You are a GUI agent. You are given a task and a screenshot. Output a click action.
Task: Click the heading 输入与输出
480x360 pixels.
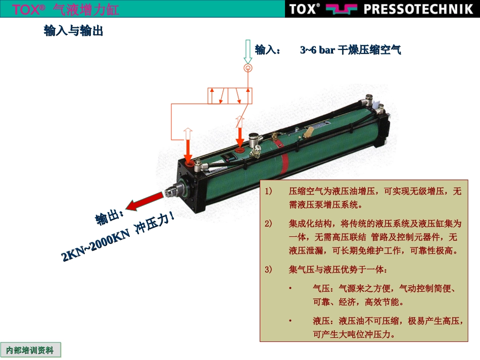tap(73, 31)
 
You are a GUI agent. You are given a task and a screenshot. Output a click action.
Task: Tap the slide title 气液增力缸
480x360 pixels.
tap(86, 9)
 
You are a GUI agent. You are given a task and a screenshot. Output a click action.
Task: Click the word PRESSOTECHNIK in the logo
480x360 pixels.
tap(418, 9)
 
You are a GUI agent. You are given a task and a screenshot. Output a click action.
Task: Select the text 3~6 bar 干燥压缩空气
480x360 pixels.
tap(351, 49)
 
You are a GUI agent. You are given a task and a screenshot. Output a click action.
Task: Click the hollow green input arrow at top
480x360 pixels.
tap(248, 52)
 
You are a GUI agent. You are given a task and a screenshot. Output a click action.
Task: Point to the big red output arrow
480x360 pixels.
tap(144, 201)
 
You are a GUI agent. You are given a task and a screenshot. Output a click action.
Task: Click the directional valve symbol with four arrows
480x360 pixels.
tap(230, 96)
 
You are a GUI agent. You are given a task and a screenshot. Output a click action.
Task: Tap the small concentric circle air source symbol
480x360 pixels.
tap(248, 68)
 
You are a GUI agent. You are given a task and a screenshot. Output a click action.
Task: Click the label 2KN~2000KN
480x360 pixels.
tap(96, 245)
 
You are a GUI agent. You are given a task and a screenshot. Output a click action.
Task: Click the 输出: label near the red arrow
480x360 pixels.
tap(109, 218)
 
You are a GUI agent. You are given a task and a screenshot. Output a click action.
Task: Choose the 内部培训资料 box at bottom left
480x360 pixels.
tap(30, 350)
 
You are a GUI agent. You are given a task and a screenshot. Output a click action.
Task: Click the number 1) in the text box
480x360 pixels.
tap(268, 191)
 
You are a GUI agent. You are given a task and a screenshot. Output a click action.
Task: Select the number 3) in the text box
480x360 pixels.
tap(268, 270)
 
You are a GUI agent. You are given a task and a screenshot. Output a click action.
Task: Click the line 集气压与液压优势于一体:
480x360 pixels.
tap(338, 270)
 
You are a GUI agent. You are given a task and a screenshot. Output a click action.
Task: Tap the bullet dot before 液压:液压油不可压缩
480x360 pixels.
tap(290, 321)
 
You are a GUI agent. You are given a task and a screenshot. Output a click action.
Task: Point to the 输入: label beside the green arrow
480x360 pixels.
tap(268, 49)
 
